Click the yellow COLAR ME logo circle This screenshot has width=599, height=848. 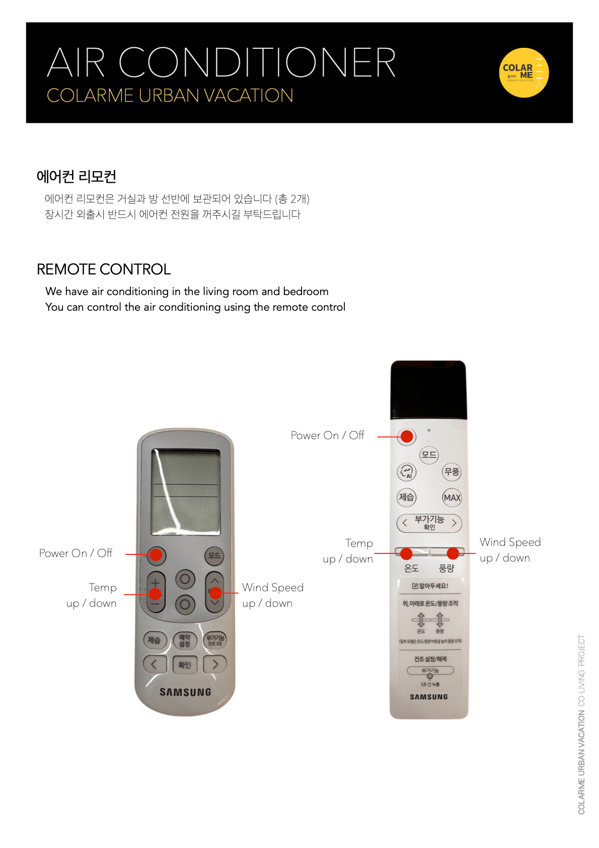[523, 73]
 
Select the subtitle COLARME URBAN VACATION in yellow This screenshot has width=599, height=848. [170, 96]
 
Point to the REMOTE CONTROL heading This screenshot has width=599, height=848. [104, 269]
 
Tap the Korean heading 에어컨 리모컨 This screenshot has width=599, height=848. [77, 177]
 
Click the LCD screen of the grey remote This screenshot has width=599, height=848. [185, 491]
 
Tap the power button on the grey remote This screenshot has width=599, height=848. [156, 554]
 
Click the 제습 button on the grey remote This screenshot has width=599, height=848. [154, 640]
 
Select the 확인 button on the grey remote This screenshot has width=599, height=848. [185, 665]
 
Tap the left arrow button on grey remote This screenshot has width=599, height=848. [154, 664]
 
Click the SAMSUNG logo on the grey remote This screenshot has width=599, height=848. [185, 692]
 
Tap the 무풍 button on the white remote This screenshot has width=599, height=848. [452, 472]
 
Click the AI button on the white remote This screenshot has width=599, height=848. [407, 472]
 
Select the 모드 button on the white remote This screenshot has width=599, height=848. [429, 455]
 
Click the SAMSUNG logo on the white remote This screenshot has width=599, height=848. [428, 697]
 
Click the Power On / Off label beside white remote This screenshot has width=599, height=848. [327, 436]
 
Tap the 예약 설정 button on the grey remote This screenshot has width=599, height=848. [185, 641]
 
